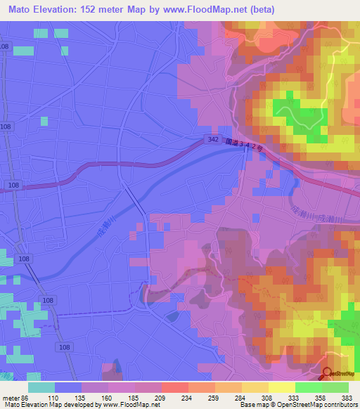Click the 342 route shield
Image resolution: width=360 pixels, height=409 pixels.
click(213, 140)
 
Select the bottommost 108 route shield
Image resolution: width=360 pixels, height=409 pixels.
click(65, 347)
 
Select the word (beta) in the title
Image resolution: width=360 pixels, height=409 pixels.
click(258, 10)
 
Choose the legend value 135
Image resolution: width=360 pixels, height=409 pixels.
click(88, 398)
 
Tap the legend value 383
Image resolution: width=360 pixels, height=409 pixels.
click(347, 398)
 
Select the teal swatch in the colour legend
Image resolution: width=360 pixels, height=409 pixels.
click(41, 387)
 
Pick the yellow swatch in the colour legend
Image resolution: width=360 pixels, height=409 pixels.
click(281, 387)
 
